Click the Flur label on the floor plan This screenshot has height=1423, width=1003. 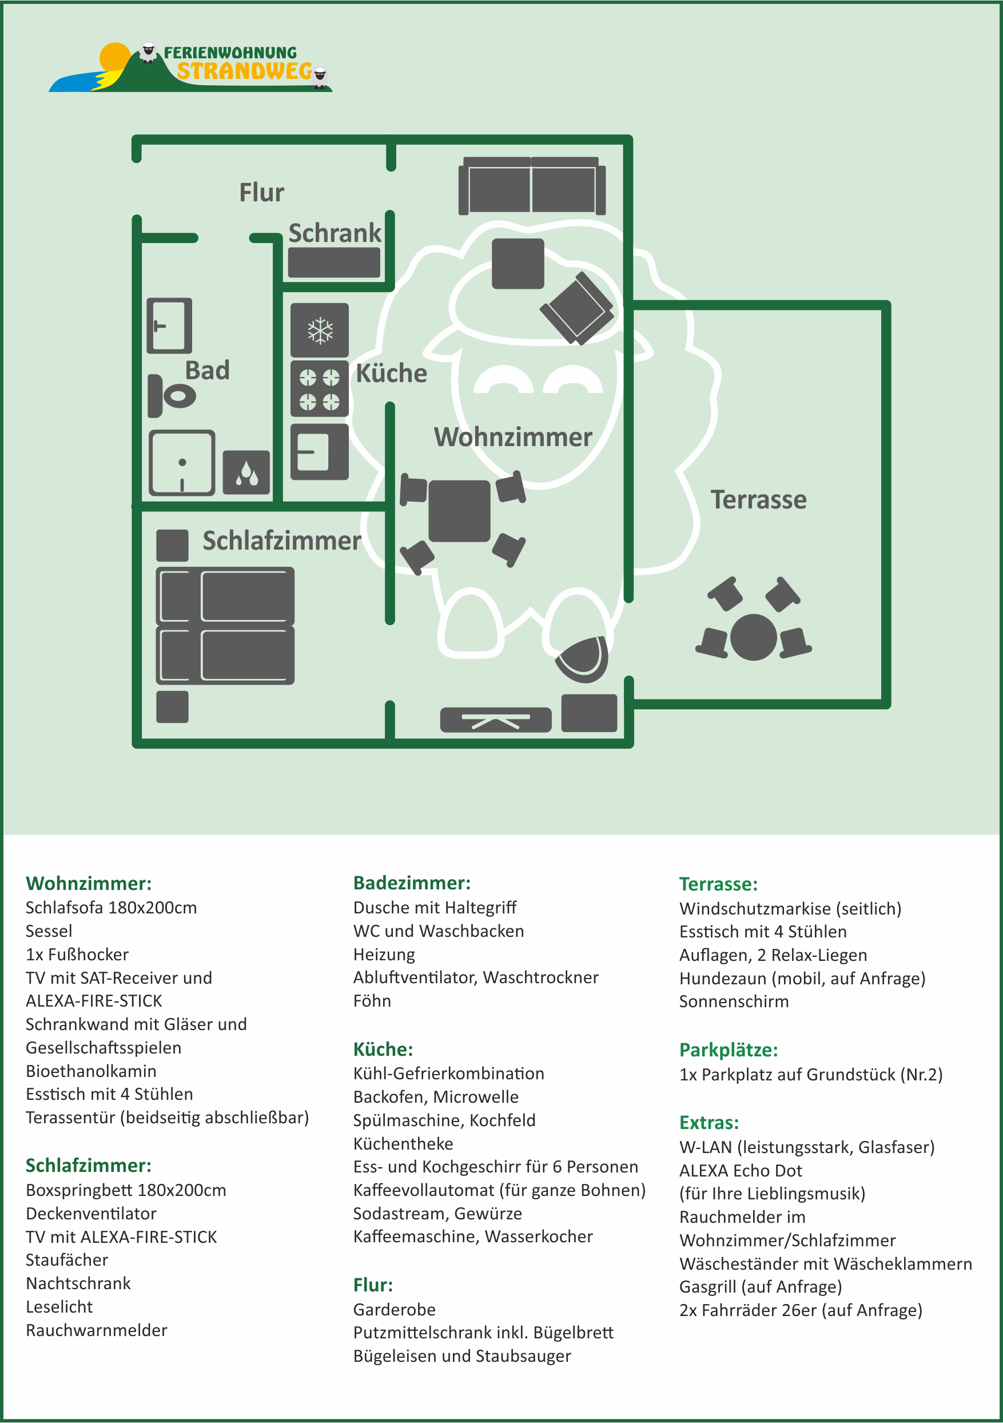(261, 193)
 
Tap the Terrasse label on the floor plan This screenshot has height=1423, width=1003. (758, 499)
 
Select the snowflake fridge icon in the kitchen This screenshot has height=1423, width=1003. (320, 331)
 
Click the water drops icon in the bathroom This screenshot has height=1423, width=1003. (246, 472)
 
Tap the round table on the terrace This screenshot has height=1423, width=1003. (753, 637)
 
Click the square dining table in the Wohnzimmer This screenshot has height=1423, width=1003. (459, 511)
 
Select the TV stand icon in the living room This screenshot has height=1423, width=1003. (496, 720)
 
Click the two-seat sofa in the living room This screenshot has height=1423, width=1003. (532, 186)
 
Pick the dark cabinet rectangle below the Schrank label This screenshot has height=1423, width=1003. (334, 263)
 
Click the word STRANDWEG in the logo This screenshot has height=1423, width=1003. (244, 72)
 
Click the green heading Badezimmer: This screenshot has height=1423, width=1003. (412, 883)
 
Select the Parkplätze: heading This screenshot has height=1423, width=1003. (729, 1050)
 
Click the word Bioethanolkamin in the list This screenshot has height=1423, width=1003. (91, 1071)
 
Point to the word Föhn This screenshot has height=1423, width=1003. (372, 1001)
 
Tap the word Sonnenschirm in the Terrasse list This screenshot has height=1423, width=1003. (734, 1001)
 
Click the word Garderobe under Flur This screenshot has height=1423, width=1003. (394, 1310)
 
